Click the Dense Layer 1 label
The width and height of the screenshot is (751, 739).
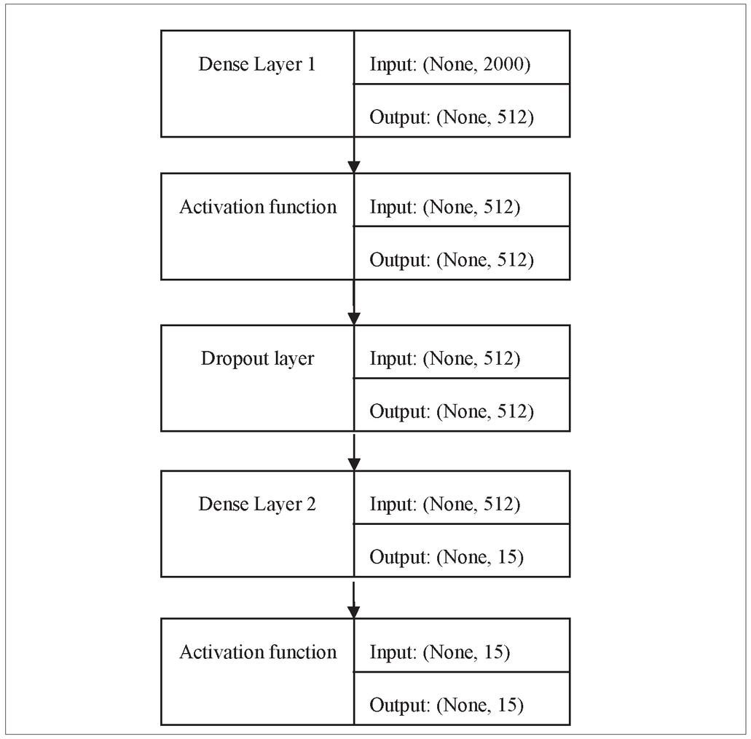coord(257,65)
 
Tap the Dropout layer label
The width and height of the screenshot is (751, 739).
coord(257,359)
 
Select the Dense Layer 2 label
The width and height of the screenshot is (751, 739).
coord(257,505)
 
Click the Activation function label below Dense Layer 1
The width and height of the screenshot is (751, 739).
coord(258,207)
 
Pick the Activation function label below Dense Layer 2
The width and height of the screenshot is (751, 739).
coord(258,652)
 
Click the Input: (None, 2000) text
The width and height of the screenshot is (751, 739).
coord(449,65)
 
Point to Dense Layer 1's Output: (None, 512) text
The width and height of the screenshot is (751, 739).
coord(451,118)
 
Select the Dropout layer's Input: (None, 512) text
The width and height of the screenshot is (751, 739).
coord(444,359)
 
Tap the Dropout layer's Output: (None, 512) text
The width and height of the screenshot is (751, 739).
coord(451,412)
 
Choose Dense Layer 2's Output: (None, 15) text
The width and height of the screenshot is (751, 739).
coord(447,558)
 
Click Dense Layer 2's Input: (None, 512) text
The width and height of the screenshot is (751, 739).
coord(444,505)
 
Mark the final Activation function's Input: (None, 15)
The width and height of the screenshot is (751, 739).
coord(440,652)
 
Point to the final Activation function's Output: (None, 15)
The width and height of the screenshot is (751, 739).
coord(447,706)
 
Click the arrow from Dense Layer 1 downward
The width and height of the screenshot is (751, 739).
coord(354,155)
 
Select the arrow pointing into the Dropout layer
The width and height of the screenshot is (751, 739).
coord(354,302)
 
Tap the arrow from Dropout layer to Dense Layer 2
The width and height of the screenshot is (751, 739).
coord(354,452)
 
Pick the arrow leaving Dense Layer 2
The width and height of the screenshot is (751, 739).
coord(354,600)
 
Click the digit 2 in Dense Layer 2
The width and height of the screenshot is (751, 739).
coord(311,504)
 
